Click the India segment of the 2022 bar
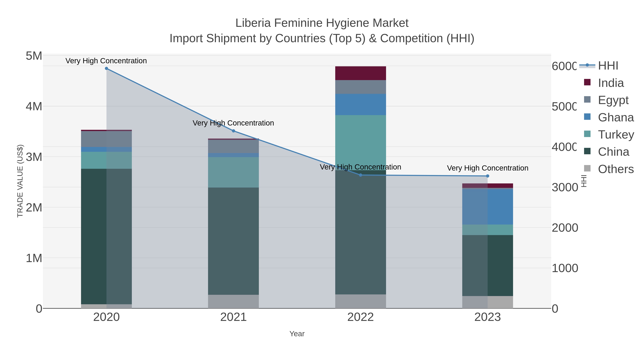pyautogui.click(x=360, y=73)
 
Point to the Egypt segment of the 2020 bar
pyautogui.click(x=106, y=139)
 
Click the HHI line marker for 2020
pyautogui.click(x=106, y=68)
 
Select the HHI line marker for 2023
pyautogui.click(x=487, y=176)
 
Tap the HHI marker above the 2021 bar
pyautogui.click(x=233, y=131)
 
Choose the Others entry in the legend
pyautogui.click(x=616, y=169)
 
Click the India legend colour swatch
pyautogui.click(x=587, y=82)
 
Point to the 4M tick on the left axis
pyautogui.click(x=34, y=106)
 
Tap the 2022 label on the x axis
pyautogui.click(x=360, y=317)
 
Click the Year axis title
pyautogui.click(x=297, y=334)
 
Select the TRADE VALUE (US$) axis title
pyautogui.click(x=20, y=181)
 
